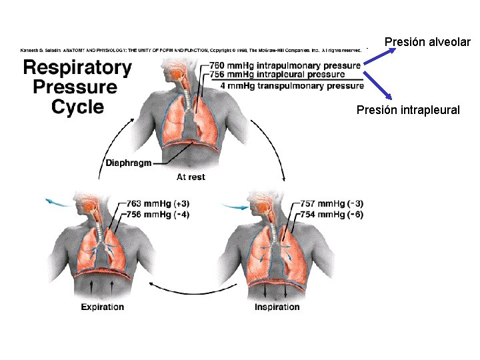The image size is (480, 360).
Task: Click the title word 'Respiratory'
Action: tap(77, 67)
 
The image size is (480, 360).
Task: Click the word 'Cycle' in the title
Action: tap(77, 107)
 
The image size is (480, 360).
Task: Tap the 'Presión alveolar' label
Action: tap(427, 43)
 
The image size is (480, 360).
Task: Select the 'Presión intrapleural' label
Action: tap(408, 109)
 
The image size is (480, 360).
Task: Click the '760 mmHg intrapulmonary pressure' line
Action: tap(285, 65)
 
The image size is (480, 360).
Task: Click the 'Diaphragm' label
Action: tap(129, 163)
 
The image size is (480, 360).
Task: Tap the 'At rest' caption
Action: tap(191, 177)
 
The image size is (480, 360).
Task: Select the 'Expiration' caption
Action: tap(103, 307)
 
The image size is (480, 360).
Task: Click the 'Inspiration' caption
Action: tap(277, 307)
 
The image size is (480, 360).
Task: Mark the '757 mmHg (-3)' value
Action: tap(331, 203)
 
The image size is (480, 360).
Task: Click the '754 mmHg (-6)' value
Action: tap(331, 214)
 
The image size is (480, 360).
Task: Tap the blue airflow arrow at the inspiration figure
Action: tap(233, 207)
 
